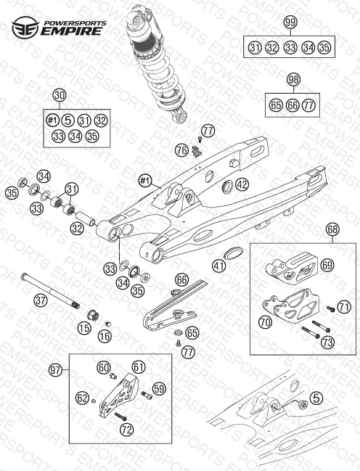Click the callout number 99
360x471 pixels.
[290, 22]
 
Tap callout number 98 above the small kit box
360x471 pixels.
[293, 80]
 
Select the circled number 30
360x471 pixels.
[60, 96]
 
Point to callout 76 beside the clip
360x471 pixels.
[182, 150]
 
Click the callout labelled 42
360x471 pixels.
[242, 184]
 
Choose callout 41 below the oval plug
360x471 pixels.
[219, 266]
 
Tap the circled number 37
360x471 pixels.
[41, 300]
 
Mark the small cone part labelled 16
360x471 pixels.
[108, 324]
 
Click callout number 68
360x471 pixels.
[332, 230]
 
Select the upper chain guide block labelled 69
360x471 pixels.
[291, 267]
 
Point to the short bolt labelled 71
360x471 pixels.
[330, 308]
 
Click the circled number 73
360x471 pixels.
[327, 343]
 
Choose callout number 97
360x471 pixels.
[56, 370]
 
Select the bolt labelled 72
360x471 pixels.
[120, 417]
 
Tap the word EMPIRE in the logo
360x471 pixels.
[71, 31]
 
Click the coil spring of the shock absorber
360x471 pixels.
[163, 81]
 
